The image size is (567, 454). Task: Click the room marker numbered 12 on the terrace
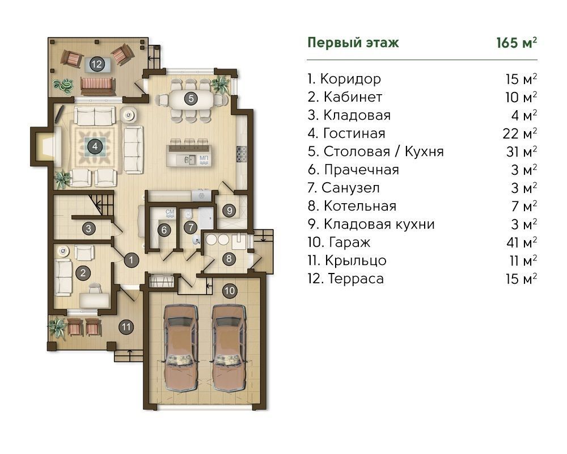pyautogui.click(x=96, y=65)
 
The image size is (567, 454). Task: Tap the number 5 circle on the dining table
pyautogui.click(x=191, y=98)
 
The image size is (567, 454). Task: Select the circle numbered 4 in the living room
pyautogui.click(x=95, y=146)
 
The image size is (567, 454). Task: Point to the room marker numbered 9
pyautogui.click(x=229, y=211)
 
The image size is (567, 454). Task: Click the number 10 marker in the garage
pyautogui.click(x=230, y=291)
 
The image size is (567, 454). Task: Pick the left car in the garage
pyautogui.click(x=181, y=347)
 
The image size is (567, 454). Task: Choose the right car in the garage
pyautogui.click(x=229, y=347)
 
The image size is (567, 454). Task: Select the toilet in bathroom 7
pyautogui.click(x=188, y=215)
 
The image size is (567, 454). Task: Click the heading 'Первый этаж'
pyautogui.click(x=353, y=43)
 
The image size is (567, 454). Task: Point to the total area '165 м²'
pyautogui.click(x=517, y=43)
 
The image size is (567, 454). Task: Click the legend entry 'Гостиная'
pyautogui.click(x=354, y=133)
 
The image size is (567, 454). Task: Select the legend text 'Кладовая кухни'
pyautogui.click(x=379, y=224)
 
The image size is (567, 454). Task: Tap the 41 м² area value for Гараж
pyautogui.click(x=522, y=242)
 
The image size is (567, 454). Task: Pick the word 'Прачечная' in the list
pyautogui.click(x=361, y=170)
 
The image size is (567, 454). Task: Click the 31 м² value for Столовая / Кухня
pyautogui.click(x=522, y=152)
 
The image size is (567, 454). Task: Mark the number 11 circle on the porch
pyautogui.click(x=126, y=327)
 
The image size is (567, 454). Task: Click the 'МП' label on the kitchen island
pyautogui.click(x=204, y=158)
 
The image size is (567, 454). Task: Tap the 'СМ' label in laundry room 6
pyautogui.click(x=170, y=212)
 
